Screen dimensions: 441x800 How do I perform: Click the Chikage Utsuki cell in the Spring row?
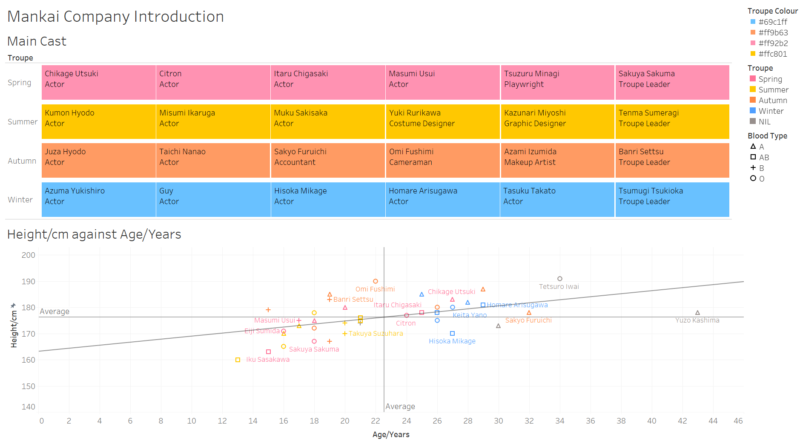pos(98,82)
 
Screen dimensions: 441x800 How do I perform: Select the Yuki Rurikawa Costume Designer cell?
pos(442,121)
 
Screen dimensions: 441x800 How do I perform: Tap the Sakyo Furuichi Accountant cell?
pos(327,160)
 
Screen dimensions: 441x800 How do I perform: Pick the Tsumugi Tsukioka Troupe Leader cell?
pos(672,199)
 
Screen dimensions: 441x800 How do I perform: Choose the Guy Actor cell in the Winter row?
pos(213,199)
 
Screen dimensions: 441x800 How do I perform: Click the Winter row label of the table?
pos(20,200)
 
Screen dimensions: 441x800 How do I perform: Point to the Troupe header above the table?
pos(20,58)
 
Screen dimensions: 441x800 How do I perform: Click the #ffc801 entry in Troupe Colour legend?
pos(772,54)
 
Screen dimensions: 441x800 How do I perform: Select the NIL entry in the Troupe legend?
pos(764,122)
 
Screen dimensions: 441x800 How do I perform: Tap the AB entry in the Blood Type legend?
pos(764,158)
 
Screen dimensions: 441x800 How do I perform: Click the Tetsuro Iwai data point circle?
pos(560,279)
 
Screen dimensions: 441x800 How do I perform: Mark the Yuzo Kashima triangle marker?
pos(697,313)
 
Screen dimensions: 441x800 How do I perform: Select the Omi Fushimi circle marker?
pos(376,281)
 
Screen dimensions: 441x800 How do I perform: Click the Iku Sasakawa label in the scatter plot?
pos(267,360)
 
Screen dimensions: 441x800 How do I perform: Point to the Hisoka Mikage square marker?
pos(452,334)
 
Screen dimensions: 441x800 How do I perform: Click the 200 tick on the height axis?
pos(29,255)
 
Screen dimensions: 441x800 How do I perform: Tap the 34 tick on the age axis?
pos(559,421)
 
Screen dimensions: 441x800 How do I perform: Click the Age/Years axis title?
pos(391,435)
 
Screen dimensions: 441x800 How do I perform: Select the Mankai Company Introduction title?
pos(115,17)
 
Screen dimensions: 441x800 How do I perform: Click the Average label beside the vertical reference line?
pos(400,407)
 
